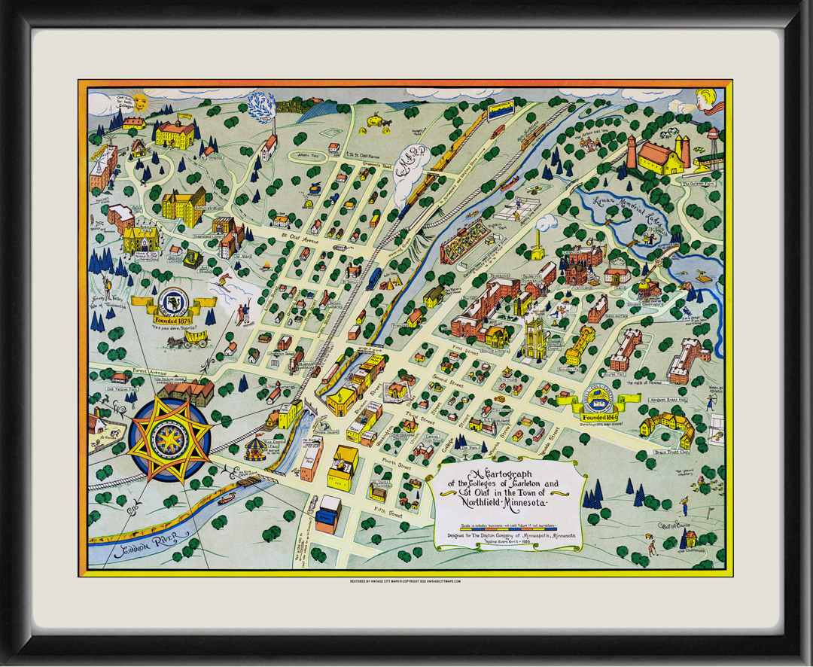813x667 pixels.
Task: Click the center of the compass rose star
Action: pyautogui.click(x=169, y=441)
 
